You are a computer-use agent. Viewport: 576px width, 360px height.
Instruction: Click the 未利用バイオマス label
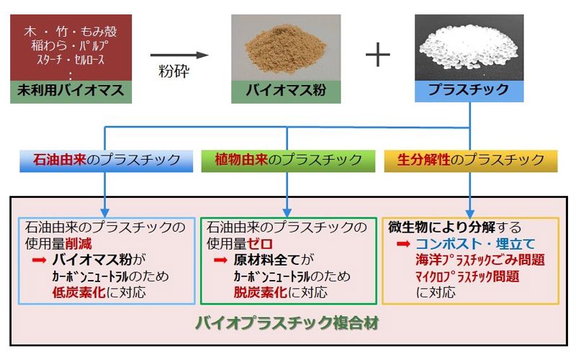click(x=71, y=90)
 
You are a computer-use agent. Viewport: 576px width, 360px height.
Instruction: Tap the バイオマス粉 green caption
click(x=286, y=90)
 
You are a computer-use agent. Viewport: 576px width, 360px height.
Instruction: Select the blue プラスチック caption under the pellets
click(x=469, y=89)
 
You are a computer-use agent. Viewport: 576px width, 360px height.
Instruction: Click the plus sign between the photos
click(x=377, y=55)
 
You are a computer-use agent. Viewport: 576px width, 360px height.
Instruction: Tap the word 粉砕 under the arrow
click(x=174, y=71)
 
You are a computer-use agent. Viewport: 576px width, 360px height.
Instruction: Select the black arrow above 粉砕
click(x=179, y=55)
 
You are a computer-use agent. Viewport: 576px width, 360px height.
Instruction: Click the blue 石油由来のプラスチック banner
click(x=106, y=161)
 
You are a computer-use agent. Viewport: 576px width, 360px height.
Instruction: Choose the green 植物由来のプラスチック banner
click(x=289, y=161)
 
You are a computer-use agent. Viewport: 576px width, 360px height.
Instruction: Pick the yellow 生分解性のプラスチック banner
click(x=471, y=161)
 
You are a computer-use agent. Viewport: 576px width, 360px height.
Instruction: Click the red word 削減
click(x=78, y=243)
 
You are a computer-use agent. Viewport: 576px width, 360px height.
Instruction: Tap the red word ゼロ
click(x=260, y=243)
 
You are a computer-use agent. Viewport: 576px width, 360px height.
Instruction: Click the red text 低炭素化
click(x=78, y=292)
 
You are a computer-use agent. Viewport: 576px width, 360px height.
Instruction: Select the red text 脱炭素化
click(x=260, y=292)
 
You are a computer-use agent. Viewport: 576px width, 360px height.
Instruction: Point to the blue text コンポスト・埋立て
click(x=475, y=244)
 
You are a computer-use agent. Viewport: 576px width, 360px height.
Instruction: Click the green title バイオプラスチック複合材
click(x=287, y=323)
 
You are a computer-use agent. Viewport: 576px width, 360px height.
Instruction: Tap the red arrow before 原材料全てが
click(x=220, y=261)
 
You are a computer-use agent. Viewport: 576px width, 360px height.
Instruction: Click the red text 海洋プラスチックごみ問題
click(x=480, y=260)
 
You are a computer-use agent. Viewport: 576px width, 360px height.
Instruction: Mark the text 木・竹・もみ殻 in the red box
click(x=71, y=32)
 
